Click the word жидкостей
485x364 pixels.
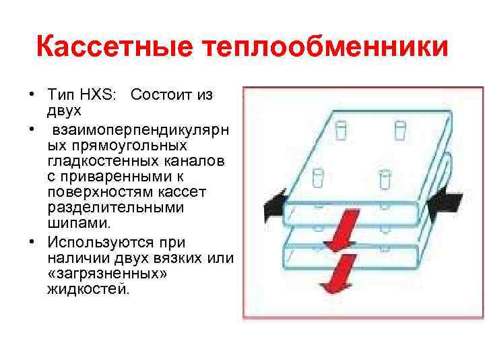point(87,289)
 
